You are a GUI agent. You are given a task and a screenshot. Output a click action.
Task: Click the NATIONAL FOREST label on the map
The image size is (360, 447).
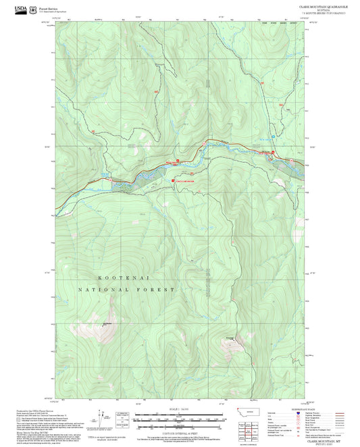coord(126,289)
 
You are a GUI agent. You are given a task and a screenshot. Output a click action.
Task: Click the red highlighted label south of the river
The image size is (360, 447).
coord(184,181)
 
